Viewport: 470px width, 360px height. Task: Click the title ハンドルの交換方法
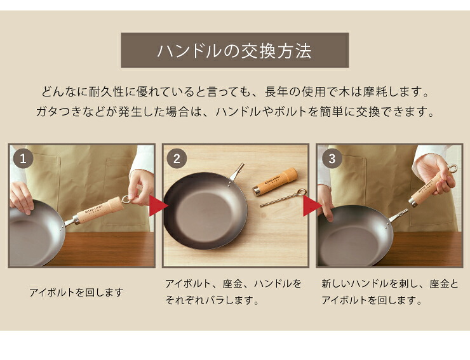[x=234, y=51]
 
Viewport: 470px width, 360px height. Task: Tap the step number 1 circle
[x=23, y=159]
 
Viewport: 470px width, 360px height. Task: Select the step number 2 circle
[x=177, y=159]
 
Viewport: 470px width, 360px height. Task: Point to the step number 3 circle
[x=332, y=159]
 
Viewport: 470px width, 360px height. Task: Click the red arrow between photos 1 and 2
[x=158, y=206]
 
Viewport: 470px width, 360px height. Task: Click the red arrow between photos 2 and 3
[x=312, y=206]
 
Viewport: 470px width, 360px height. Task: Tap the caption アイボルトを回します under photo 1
[x=76, y=292]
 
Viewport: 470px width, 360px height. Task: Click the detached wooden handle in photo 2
[x=275, y=182]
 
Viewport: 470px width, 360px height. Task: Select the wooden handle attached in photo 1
[x=99, y=210]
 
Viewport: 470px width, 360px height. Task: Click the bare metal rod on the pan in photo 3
[x=398, y=215]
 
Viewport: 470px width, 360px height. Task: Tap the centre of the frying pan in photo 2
[x=206, y=210]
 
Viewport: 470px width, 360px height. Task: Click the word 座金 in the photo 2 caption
[x=232, y=284]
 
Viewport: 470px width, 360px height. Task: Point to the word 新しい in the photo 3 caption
[x=335, y=284]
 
